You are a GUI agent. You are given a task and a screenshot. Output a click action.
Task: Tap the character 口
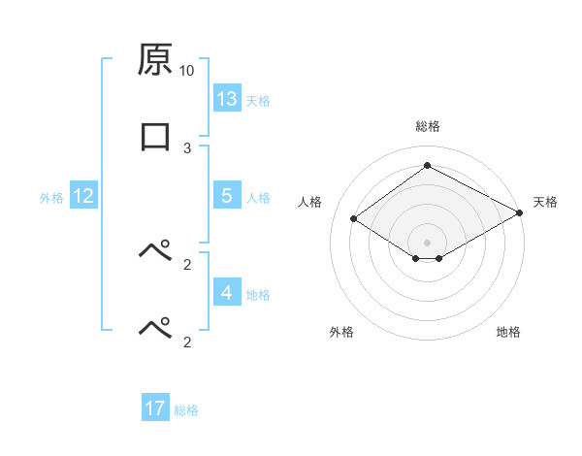tap(155, 136)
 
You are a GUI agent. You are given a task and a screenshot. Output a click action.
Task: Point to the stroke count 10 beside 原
tap(187, 71)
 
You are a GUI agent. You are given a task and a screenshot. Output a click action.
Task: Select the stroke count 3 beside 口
tap(187, 147)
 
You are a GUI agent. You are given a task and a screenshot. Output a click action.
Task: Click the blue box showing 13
tap(227, 99)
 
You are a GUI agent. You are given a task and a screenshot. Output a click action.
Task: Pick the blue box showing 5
tap(227, 196)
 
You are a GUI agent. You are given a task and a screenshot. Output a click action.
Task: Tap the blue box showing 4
tap(227, 292)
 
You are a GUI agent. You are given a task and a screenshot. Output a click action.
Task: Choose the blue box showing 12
tap(83, 196)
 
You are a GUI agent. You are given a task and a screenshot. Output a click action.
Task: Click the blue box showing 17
tap(155, 408)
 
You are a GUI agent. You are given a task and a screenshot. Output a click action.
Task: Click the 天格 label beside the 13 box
tap(258, 100)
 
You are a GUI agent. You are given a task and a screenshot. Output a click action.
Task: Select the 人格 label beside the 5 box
tap(258, 197)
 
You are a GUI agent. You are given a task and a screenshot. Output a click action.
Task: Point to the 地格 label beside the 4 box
tap(258, 293)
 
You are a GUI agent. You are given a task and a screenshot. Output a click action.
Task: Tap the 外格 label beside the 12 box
tap(51, 197)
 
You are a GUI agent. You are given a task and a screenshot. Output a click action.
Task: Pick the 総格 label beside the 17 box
tap(186, 409)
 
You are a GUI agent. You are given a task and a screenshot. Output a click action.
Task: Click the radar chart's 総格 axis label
tap(428, 126)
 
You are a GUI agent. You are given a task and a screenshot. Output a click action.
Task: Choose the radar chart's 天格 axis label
tap(545, 202)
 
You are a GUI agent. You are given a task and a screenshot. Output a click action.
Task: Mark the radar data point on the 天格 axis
tap(519, 212)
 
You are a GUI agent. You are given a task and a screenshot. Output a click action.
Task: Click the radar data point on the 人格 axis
tap(354, 219)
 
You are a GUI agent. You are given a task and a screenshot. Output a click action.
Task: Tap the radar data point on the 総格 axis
tap(428, 166)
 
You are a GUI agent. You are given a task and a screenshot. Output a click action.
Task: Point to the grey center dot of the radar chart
tap(428, 242)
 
